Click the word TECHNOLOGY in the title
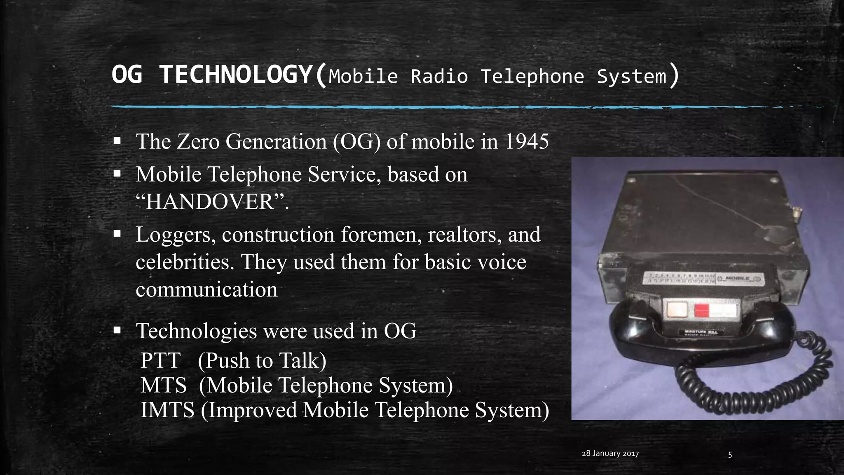235,75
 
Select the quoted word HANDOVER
210,202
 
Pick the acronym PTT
160,360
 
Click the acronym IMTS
167,410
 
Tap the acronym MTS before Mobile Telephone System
164,385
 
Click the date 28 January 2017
610,454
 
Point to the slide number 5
730,455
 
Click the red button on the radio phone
701,310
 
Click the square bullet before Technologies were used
117,330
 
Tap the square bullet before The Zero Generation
117,141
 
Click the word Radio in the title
439,77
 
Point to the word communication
206,289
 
